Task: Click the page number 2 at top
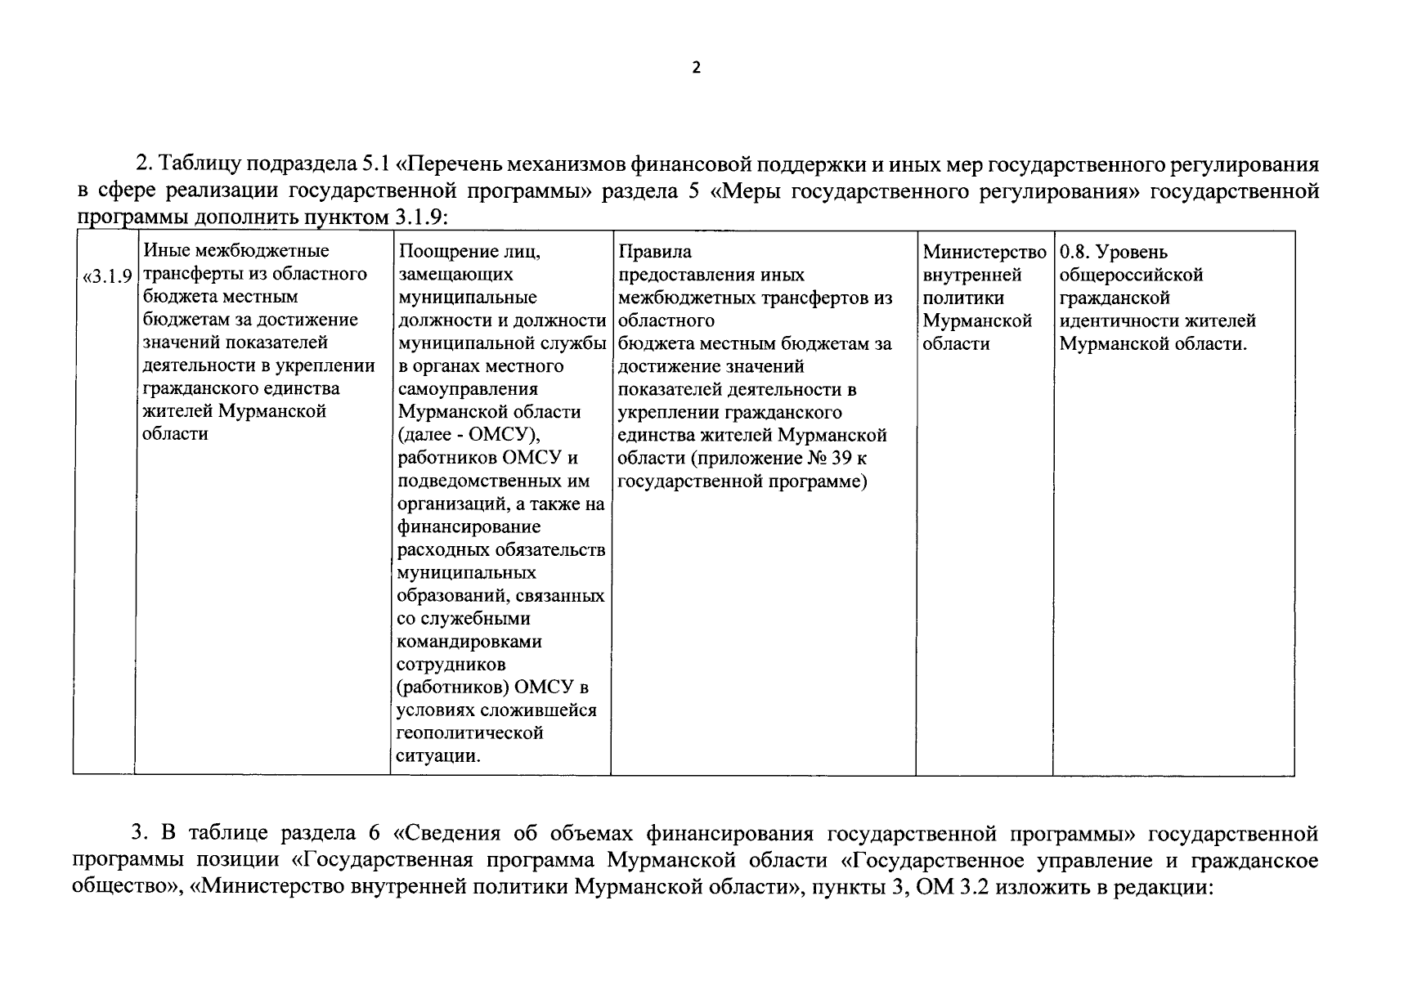point(696,68)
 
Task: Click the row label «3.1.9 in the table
point(106,275)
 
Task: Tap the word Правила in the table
point(654,252)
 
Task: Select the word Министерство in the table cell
point(984,252)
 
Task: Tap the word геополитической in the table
point(469,732)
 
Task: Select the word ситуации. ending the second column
point(438,755)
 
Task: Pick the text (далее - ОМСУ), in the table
point(469,435)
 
